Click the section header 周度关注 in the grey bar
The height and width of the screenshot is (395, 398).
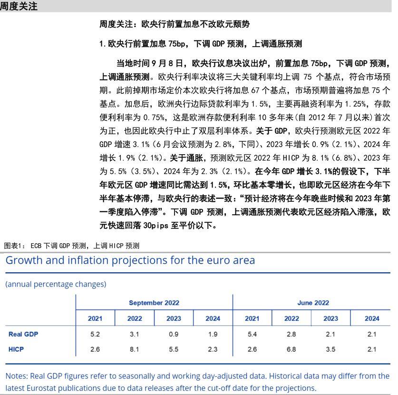tap(19, 6)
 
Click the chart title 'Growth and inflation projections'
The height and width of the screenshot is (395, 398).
tap(130, 260)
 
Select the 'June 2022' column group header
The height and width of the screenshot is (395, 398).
tap(312, 303)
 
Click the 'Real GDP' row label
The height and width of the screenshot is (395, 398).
tap(23, 334)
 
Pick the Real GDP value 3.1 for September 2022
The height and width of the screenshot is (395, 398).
tap(134, 334)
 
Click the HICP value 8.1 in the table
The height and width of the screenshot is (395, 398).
tap(134, 349)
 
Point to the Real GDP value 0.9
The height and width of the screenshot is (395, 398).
tap(174, 334)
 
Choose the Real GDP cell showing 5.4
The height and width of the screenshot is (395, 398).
tap(252, 334)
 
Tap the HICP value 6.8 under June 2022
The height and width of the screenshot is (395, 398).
tap(291, 349)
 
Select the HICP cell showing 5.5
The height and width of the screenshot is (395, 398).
tap(174, 349)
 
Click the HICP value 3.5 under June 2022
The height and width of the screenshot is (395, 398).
tap(330, 349)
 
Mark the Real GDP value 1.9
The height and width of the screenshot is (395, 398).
tap(213, 334)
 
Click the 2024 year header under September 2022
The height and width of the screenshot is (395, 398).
tap(213, 318)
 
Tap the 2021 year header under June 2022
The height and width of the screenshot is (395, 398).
tap(252, 318)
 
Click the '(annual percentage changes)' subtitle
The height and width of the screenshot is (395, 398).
tap(56, 284)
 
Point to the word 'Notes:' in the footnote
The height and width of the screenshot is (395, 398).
tap(17, 376)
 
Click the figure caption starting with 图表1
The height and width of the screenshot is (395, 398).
tap(71, 246)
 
